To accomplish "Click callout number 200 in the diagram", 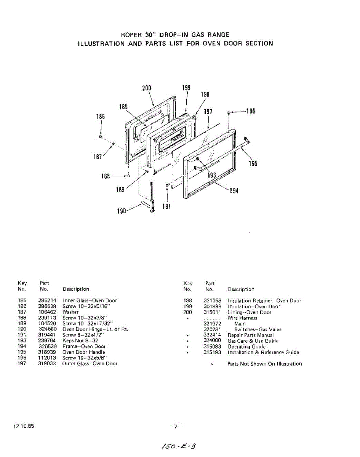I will pos(147,88).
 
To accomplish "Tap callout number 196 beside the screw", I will pos(250,111).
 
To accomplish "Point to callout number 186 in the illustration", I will pos(100,117).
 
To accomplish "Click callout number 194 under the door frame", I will pos(234,191).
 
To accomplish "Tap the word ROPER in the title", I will pos(131,35).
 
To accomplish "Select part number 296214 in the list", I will pos(47,300).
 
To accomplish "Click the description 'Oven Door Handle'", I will pos(84,352).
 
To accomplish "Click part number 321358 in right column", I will pos(212,300).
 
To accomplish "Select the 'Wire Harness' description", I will pos(242,318).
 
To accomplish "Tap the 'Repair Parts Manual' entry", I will pos(250,335).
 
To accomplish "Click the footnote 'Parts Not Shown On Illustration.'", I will pos(265,364).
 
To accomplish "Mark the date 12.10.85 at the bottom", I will pos(24,426).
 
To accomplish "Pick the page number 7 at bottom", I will pos(176,427).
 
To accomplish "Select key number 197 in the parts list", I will pos(22,364).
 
